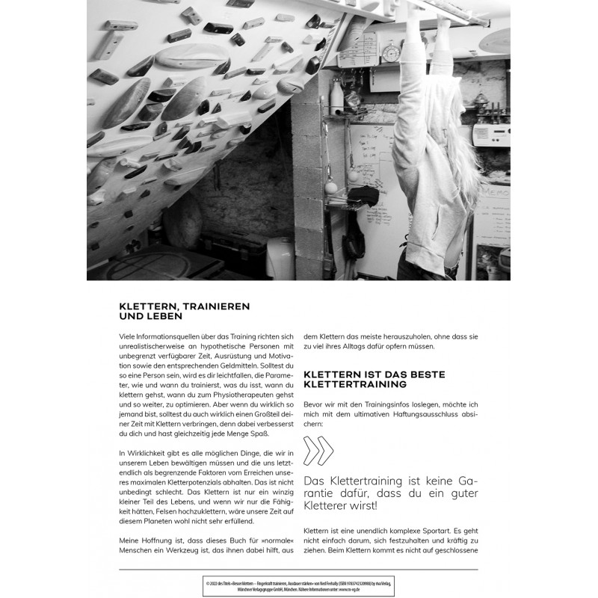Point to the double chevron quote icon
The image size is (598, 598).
point(320,451)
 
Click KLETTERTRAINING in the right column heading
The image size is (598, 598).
point(355,385)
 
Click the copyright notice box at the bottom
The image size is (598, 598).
point(298,584)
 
